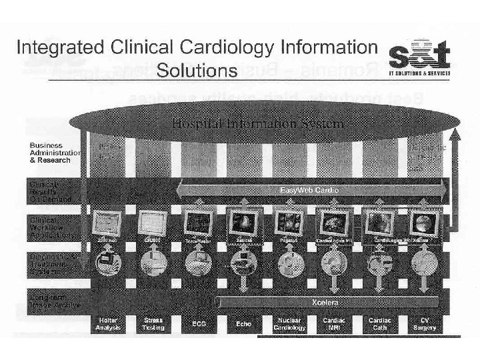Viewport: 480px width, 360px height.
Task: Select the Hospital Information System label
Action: (258, 123)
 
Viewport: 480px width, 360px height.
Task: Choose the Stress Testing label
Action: (153, 324)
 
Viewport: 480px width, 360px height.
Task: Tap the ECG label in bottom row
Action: (198, 324)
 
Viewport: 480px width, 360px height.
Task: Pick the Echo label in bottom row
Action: (243, 324)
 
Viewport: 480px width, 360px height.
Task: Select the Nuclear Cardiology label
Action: (289, 324)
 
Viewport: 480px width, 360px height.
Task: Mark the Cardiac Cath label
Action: (379, 324)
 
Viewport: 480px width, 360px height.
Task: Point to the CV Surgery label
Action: (425, 324)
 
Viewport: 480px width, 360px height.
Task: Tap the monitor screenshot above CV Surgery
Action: (423, 221)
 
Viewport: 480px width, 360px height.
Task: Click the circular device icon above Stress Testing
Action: (153, 262)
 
